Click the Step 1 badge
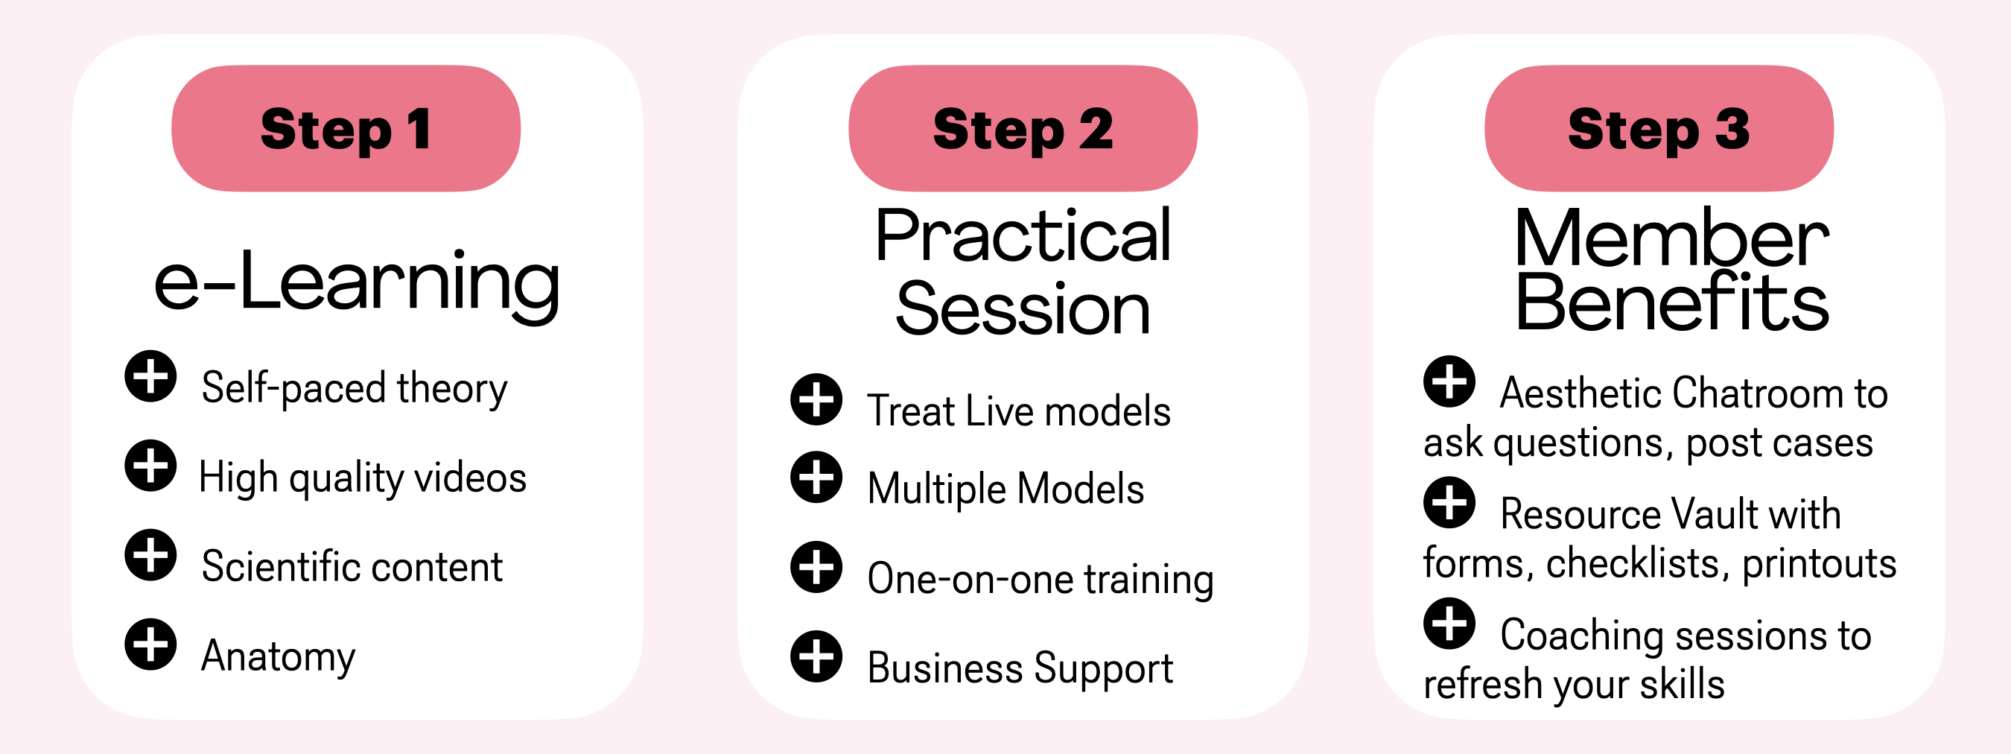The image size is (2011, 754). point(346,128)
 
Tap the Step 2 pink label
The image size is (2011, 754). point(1023,128)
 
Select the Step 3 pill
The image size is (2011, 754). point(1659,128)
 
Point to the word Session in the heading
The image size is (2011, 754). point(1023,309)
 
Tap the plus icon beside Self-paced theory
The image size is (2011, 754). point(150,376)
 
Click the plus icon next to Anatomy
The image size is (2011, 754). point(150,644)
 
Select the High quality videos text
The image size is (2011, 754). point(363,478)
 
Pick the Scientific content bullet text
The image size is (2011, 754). point(352,566)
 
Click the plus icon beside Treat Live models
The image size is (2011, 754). point(816,399)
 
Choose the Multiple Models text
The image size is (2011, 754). point(1005,490)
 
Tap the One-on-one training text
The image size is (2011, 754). point(1041,579)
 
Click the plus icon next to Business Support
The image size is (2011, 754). point(816,656)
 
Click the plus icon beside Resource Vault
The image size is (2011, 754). point(1449,503)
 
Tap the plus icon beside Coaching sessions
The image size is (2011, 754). point(1449,624)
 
